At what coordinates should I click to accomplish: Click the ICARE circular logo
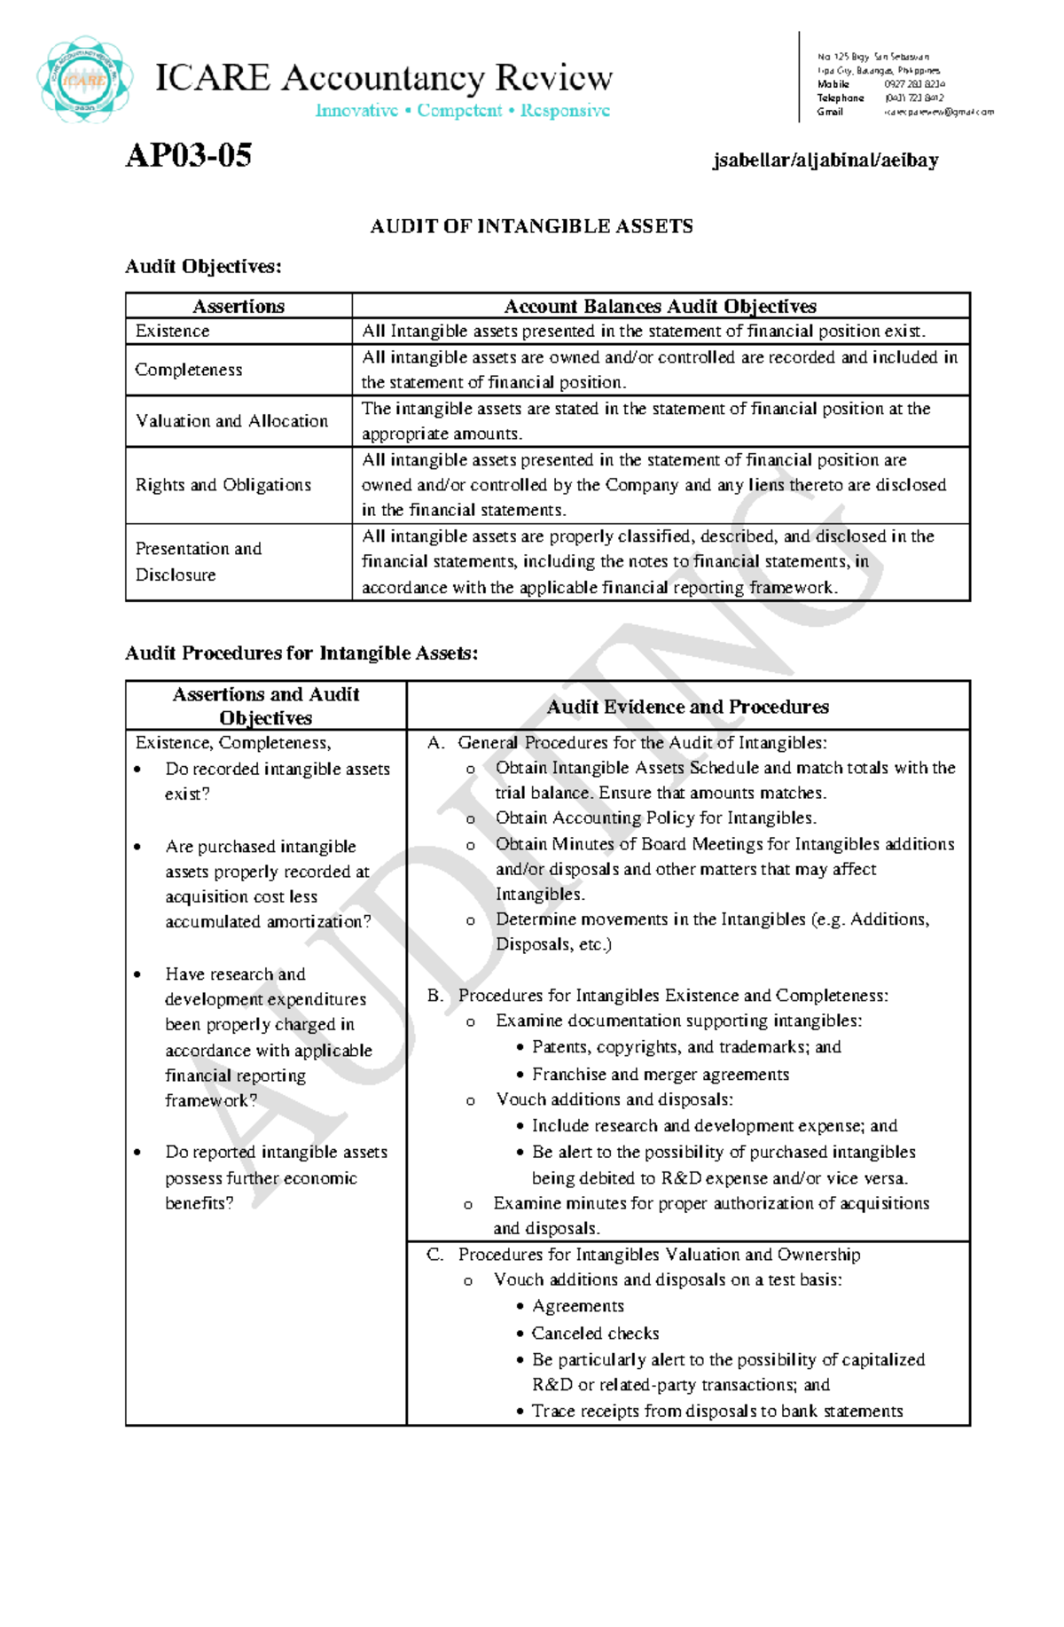(x=85, y=80)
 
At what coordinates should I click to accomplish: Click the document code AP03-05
(x=188, y=156)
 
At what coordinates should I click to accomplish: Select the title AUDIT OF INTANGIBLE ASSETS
(x=531, y=227)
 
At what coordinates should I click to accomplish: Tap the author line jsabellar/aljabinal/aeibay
(x=825, y=160)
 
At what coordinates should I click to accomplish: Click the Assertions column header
(x=239, y=307)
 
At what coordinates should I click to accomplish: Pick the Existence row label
(x=172, y=332)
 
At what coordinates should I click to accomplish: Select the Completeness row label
(x=188, y=370)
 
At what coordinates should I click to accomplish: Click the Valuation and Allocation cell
(x=231, y=421)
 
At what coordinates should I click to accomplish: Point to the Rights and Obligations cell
(x=223, y=485)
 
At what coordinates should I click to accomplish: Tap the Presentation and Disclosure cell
(x=198, y=561)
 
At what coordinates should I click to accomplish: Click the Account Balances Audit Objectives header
(x=660, y=307)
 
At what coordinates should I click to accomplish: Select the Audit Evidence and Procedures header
(x=687, y=707)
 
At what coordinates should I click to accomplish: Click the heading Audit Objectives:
(x=203, y=267)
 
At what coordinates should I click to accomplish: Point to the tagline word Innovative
(x=356, y=111)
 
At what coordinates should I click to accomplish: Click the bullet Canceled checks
(x=595, y=1334)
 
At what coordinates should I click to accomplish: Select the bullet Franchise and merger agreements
(x=660, y=1075)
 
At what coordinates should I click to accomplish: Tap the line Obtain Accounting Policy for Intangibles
(x=655, y=818)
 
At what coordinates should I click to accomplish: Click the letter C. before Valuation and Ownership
(x=434, y=1255)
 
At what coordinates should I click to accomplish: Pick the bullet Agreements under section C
(x=577, y=1306)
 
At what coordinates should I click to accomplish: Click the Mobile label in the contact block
(x=833, y=84)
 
